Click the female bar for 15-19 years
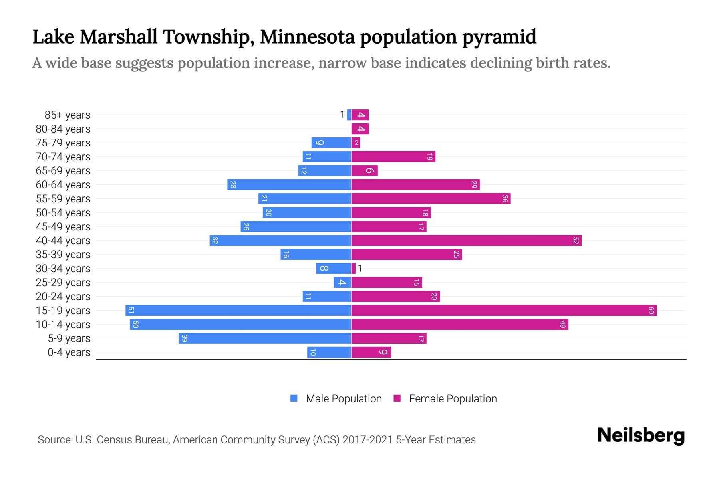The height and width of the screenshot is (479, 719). [503, 310]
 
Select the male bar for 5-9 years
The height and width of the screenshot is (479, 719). [265, 338]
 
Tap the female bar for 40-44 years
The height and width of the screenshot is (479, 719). [466, 240]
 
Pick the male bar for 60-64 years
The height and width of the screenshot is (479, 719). [289, 184]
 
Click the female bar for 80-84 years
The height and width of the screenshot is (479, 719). [360, 129]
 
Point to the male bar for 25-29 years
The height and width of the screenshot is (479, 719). [342, 282]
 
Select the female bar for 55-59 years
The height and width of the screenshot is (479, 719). [431, 198]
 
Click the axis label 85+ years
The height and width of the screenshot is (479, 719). [68, 115]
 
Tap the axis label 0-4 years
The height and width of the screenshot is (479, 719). [69, 352]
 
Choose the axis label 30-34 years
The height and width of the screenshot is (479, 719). [63, 269]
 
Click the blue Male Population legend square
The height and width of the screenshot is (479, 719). [294, 398]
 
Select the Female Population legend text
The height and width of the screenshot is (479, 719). [453, 398]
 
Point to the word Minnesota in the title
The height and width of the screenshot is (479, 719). [307, 37]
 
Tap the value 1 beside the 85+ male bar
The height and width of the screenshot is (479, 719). [342, 115]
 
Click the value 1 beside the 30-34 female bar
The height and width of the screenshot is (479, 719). [360, 269]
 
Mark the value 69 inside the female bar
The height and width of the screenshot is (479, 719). [651, 310]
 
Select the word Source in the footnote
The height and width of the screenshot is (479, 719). [54, 440]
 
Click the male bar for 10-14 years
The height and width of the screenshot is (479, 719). [240, 324]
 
